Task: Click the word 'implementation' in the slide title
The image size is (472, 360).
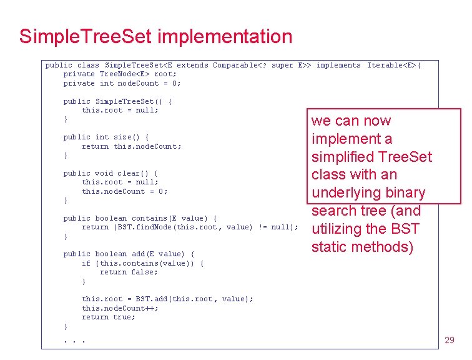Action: pyautogui.click(x=225, y=36)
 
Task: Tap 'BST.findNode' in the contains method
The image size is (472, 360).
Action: pyautogui.click(x=145, y=227)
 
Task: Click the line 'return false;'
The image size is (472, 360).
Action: pyautogui.click(x=129, y=272)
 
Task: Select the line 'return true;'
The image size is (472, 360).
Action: pyautogui.click(x=108, y=317)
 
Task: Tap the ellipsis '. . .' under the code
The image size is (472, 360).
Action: pyautogui.click(x=74, y=341)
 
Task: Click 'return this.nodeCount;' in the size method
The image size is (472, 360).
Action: pyautogui.click(x=131, y=146)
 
